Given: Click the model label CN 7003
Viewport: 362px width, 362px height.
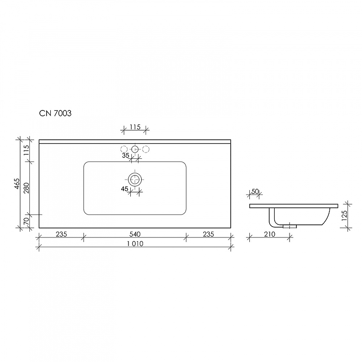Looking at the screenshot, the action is (x=55, y=114).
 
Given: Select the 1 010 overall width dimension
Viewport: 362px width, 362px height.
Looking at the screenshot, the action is (x=135, y=244).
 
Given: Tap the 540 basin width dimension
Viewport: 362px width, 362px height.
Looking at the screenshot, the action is (x=135, y=234).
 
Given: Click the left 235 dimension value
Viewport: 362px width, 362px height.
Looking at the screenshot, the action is (x=62, y=234).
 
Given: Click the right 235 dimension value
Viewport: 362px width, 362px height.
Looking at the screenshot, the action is (x=208, y=234).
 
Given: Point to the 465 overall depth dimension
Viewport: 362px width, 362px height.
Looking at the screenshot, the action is (x=18, y=184).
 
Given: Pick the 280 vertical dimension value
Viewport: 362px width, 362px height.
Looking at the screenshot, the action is (x=26, y=188).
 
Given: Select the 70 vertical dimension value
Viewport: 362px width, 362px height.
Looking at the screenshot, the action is (x=26, y=221).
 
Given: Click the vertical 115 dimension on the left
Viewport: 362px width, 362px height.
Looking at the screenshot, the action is (x=26, y=150).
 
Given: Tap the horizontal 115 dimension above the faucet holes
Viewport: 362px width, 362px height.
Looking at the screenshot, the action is (x=135, y=127).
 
